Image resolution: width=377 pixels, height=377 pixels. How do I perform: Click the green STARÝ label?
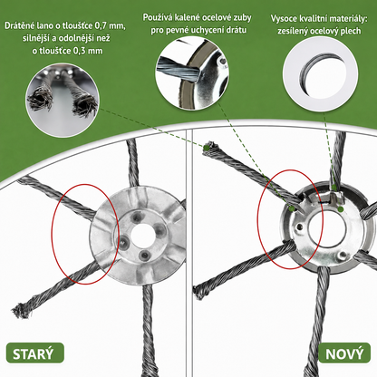34,353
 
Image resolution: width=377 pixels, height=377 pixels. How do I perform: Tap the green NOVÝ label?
344,353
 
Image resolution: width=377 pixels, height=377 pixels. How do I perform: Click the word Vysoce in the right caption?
284,19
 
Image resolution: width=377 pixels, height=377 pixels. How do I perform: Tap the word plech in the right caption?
351,31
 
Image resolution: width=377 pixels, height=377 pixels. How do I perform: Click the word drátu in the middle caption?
237,30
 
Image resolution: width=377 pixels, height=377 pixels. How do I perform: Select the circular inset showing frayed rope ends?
63,101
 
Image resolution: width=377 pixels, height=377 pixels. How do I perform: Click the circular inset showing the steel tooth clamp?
192,72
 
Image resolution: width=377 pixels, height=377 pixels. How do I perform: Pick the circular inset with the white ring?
320,74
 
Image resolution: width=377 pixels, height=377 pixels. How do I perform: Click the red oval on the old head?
85,235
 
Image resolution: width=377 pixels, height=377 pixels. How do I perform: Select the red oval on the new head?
291,219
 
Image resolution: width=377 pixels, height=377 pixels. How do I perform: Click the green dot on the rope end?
206,148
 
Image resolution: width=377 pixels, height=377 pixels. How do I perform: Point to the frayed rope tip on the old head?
21,311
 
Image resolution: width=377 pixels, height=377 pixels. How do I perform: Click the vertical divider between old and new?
189,253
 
